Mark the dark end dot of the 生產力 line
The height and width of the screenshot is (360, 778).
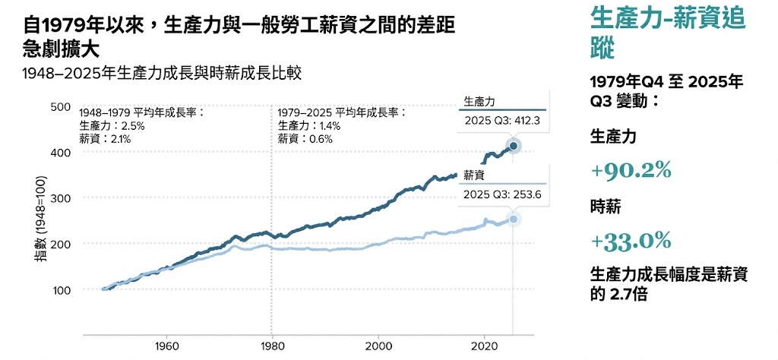coord(513,146)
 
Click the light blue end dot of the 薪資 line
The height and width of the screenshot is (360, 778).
coord(513,219)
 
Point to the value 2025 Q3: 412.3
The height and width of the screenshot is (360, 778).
coord(502,120)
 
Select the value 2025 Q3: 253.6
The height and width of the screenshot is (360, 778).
coord(502,194)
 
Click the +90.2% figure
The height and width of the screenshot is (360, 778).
coord(631,171)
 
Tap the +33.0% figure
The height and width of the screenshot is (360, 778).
coord(631,242)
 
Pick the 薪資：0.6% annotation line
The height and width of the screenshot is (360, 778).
coord(305,139)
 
